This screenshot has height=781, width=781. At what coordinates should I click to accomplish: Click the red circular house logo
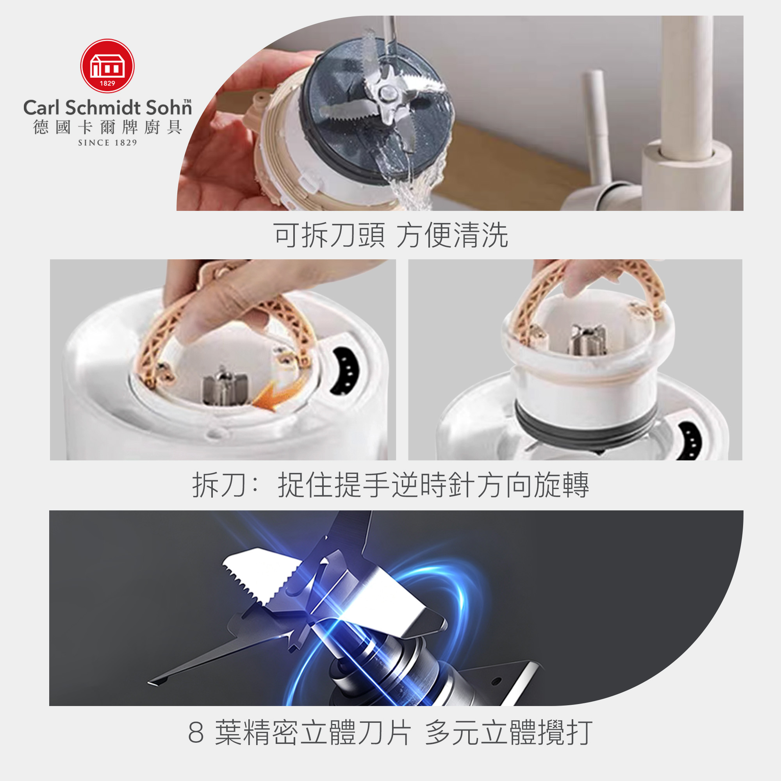click(x=107, y=66)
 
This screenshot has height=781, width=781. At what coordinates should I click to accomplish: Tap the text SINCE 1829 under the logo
click(x=107, y=143)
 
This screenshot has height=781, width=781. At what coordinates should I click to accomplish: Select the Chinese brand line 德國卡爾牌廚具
click(x=107, y=127)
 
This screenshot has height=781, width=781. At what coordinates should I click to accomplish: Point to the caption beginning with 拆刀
click(x=390, y=485)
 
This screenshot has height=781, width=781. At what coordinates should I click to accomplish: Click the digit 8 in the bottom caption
click(x=196, y=733)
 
